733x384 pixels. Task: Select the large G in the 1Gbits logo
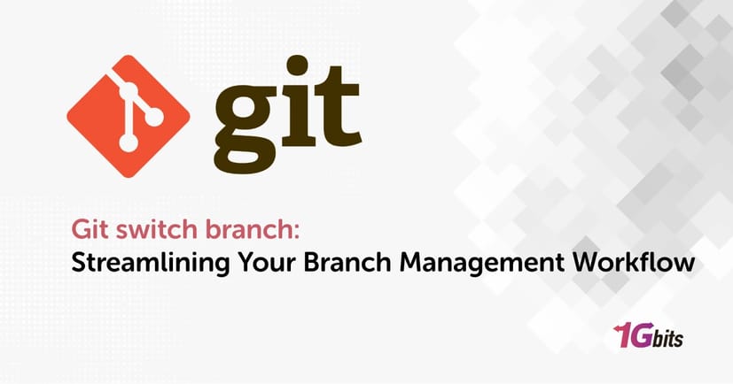pos(642,337)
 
